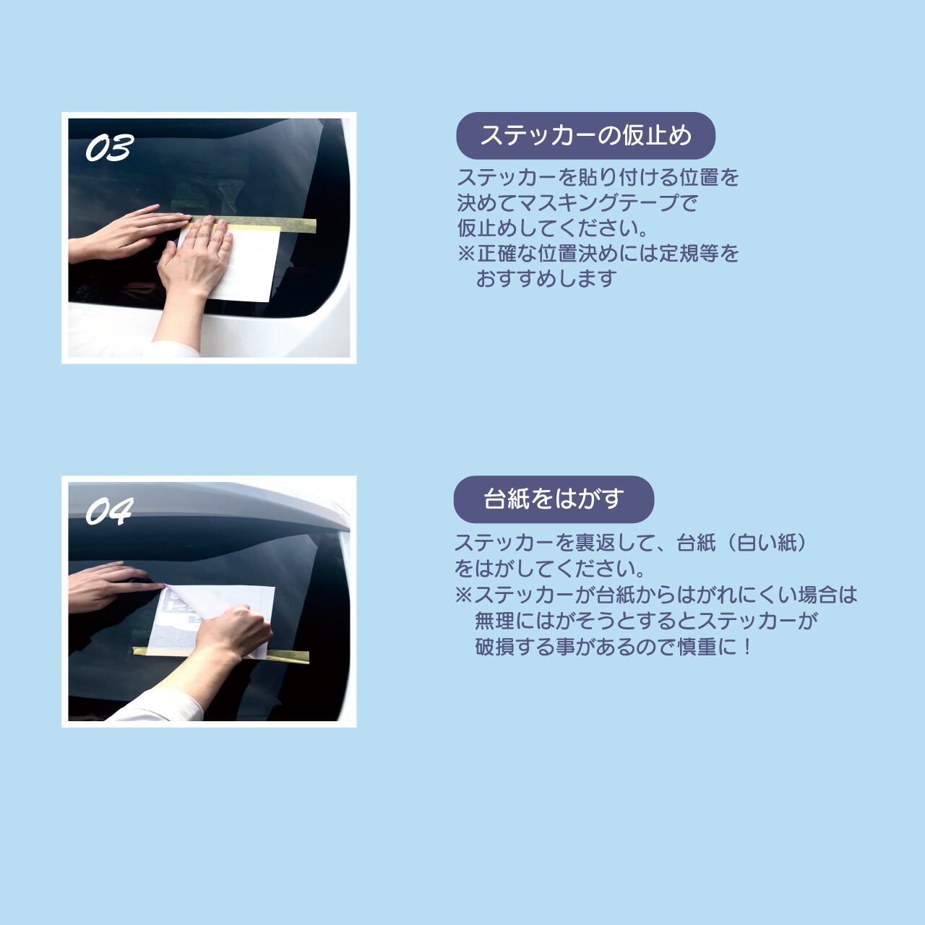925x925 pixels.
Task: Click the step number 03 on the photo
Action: pos(109,148)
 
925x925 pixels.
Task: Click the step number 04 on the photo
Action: pos(109,512)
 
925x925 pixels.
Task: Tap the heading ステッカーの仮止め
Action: pos(585,136)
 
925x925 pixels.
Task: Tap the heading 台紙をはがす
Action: pos(554,499)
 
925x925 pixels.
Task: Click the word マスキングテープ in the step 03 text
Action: pos(599,203)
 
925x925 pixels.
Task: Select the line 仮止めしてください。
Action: pos(553,228)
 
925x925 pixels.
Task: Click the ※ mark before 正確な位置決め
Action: pos(466,254)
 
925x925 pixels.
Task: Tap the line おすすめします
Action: pos(546,279)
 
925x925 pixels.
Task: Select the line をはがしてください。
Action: pos(549,569)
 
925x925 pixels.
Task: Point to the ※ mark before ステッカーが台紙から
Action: pos(463,595)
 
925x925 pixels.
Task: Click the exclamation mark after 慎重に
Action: pos(747,647)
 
